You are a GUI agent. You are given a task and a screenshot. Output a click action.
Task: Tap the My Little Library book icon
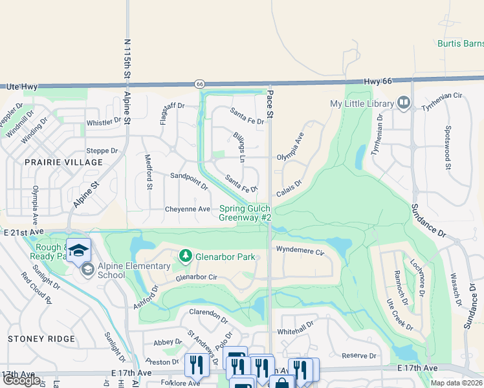404,103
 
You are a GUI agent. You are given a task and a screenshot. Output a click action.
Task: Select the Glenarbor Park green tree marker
186,257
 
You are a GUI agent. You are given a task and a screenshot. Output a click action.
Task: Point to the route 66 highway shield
200,83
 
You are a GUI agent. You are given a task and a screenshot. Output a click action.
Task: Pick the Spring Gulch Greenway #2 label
245,213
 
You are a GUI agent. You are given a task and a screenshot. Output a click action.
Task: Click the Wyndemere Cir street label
299,250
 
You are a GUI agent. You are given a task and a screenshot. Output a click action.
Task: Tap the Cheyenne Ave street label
188,209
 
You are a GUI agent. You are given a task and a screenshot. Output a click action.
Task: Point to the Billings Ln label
239,149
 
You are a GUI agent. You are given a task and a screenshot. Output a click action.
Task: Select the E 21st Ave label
23,232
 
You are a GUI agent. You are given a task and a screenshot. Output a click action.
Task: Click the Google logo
21,380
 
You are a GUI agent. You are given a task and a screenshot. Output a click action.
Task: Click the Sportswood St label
447,149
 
